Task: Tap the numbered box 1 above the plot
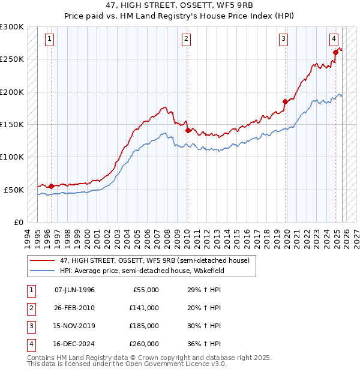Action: point(49,40)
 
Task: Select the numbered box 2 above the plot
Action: point(187,40)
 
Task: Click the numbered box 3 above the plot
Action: point(283,40)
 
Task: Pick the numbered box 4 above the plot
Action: point(333,40)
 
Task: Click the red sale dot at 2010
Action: point(188,130)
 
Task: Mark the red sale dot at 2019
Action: point(285,102)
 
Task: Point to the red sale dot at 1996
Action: point(51,186)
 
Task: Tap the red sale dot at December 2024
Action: point(335,53)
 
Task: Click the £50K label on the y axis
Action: point(14,190)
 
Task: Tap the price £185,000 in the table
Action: point(144,326)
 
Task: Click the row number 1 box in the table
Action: point(29,290)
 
